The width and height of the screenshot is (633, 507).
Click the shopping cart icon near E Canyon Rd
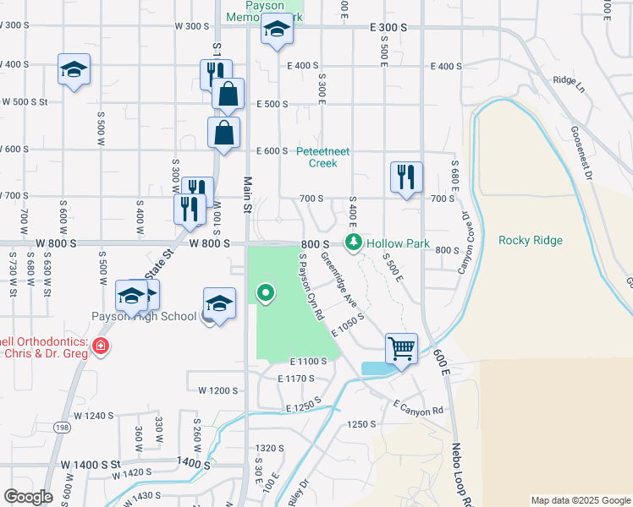[401, 346]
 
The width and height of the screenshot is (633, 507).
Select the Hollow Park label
[405, 243]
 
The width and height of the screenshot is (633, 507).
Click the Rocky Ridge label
[531, 240]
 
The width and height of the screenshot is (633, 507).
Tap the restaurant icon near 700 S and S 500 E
[406, 177]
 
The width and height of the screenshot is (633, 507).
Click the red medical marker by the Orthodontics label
[100, 346]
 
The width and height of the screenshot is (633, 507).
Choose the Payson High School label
[144, 317]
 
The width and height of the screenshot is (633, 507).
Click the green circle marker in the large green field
[267, 293]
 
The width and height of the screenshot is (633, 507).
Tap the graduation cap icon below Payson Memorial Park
[276, 32]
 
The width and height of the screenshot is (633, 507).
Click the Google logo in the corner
[28, 497]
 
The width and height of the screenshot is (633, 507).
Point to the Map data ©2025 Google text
[581, 500]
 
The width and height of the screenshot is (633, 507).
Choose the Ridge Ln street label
[569, 80]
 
